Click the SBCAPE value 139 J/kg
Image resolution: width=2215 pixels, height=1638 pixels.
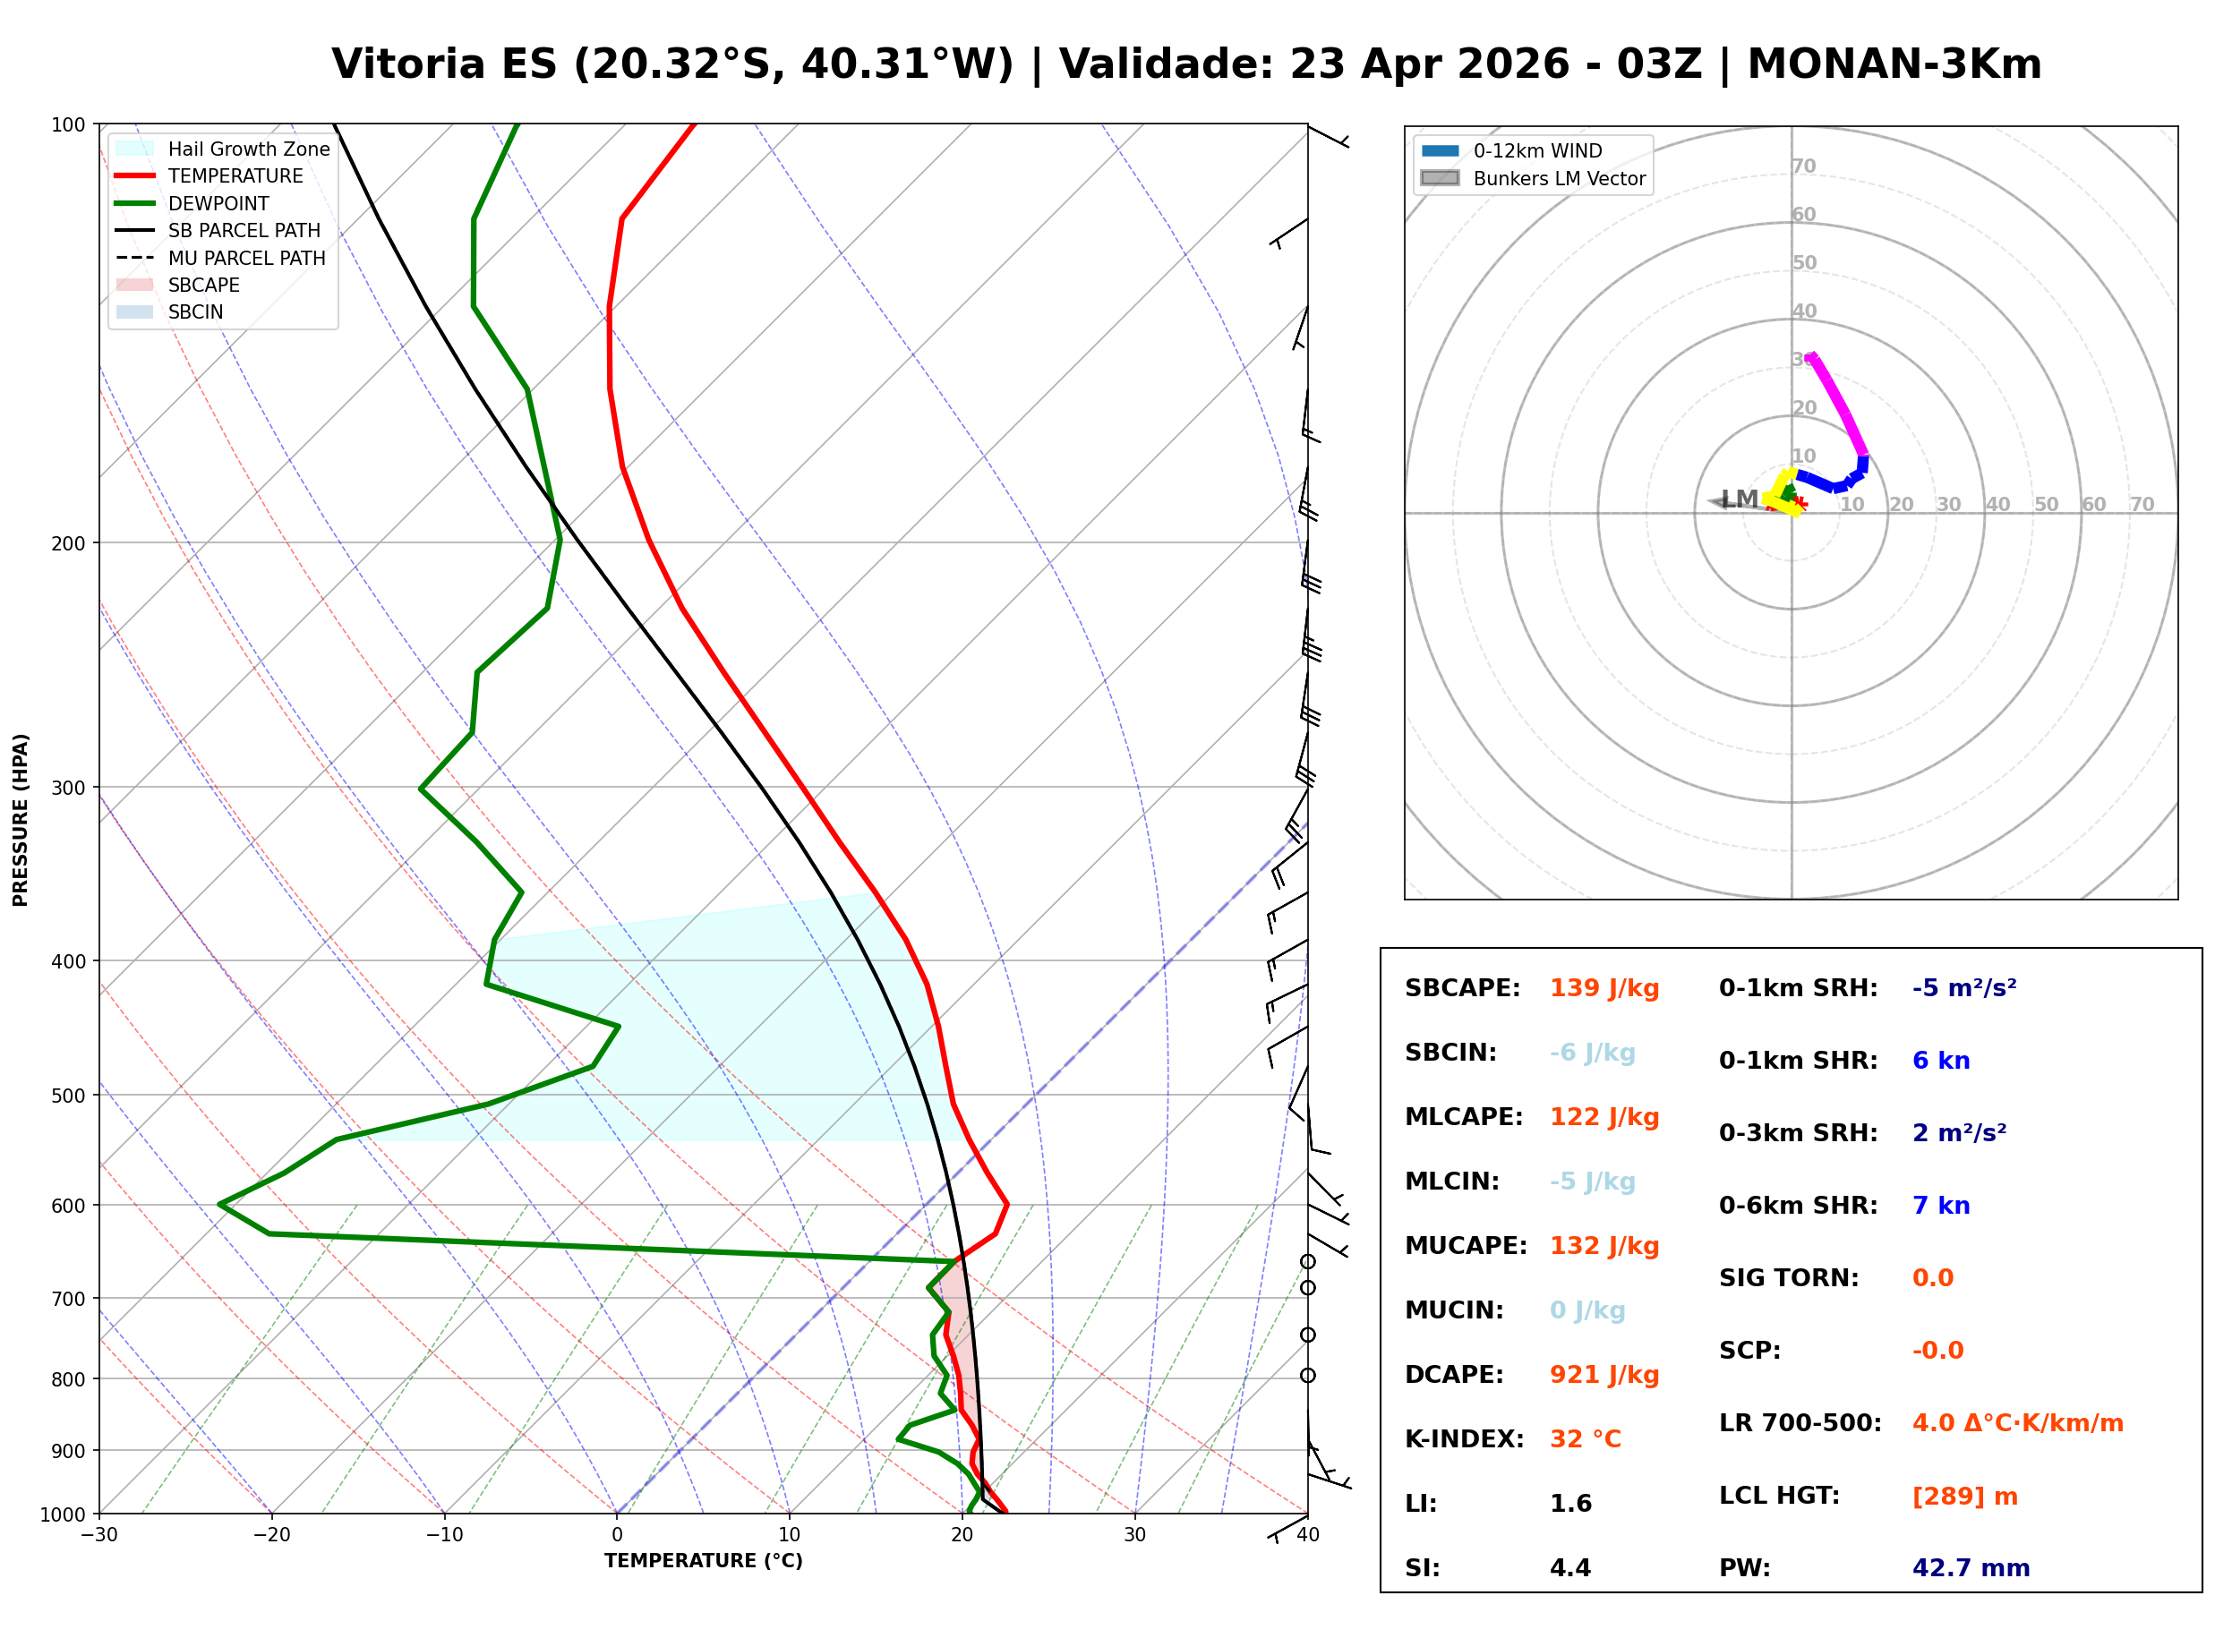[1604, 988]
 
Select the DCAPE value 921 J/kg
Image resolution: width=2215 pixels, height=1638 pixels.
[1604, 1375]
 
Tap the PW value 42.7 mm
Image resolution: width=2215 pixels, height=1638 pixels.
[1970, 1567]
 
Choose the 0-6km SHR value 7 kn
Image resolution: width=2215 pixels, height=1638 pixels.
[1940, 1206]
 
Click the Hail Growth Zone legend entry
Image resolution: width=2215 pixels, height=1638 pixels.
[248, 149]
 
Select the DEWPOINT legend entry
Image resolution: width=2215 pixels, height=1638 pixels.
[218, 203]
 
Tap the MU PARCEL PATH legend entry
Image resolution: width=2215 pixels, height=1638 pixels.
[246, 258]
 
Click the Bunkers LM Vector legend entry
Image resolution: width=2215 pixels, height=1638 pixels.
[1559, 178]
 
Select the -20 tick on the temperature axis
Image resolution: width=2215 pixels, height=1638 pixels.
[271, 1535]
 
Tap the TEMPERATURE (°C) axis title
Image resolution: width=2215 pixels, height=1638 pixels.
[703, 1561]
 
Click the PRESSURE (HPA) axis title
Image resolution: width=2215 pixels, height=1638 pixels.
[21, 819]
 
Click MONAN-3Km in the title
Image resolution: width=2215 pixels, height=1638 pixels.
[1894, 64]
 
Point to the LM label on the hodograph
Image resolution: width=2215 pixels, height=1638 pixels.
[1739, 499]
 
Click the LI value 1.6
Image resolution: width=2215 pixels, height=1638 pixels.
[1570, 1504]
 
